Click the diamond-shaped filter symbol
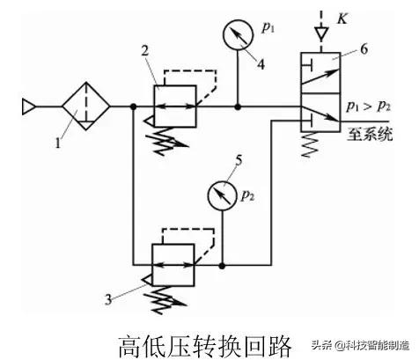[x=85, y=107]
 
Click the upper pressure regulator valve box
[x=172, y=106]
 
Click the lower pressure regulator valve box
[x=172, y=262]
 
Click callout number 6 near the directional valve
[x=362, y=52]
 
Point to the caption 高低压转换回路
[x=203, y=342]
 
